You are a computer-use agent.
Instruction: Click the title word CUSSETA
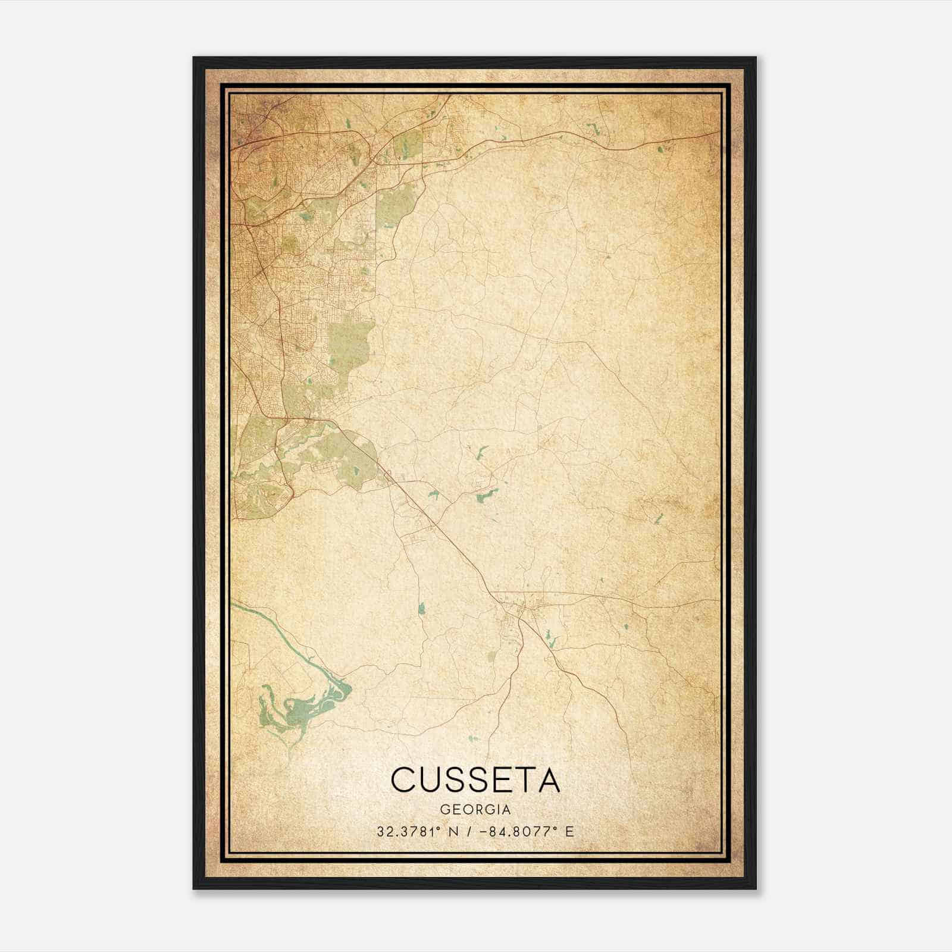coord(475,779)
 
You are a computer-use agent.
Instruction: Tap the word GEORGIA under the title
coord(475,810)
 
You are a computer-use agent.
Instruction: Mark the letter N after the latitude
coord(455,832)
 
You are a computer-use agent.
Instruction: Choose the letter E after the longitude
coord(569,832)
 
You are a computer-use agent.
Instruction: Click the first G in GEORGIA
coord(444,810)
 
